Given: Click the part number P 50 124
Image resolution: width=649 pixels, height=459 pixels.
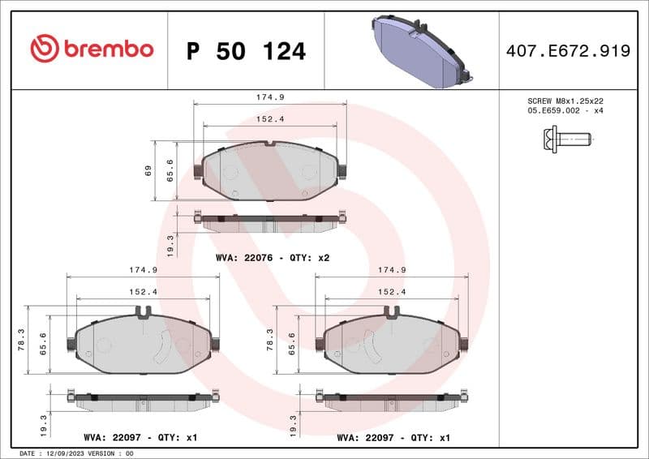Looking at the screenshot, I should pyautogui.click(x=246, y=51).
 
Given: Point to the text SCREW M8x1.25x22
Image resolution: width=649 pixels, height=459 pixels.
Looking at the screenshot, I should pyautogui.click(x=565, y=101).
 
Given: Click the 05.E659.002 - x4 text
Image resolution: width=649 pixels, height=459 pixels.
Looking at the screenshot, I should pyautogui.click(x=565, y=111).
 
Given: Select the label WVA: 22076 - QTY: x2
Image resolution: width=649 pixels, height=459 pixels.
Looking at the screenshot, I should pyautogui.click(x=273, y=257).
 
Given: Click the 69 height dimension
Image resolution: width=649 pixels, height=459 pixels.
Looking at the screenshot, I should pyautogui.click(x=148, y=171).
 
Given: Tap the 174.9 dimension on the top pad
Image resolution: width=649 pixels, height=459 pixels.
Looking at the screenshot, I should pyautogui.click(x=270, y=97).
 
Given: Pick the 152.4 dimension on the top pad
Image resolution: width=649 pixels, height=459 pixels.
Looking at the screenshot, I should pyautogui.click(x=270, y=119).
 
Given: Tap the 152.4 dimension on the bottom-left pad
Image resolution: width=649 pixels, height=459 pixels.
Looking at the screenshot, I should pyautogui.click(x=143, y=292).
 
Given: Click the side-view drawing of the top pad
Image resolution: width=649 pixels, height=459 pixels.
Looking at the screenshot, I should pyautogui.click(x=270, y=221).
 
